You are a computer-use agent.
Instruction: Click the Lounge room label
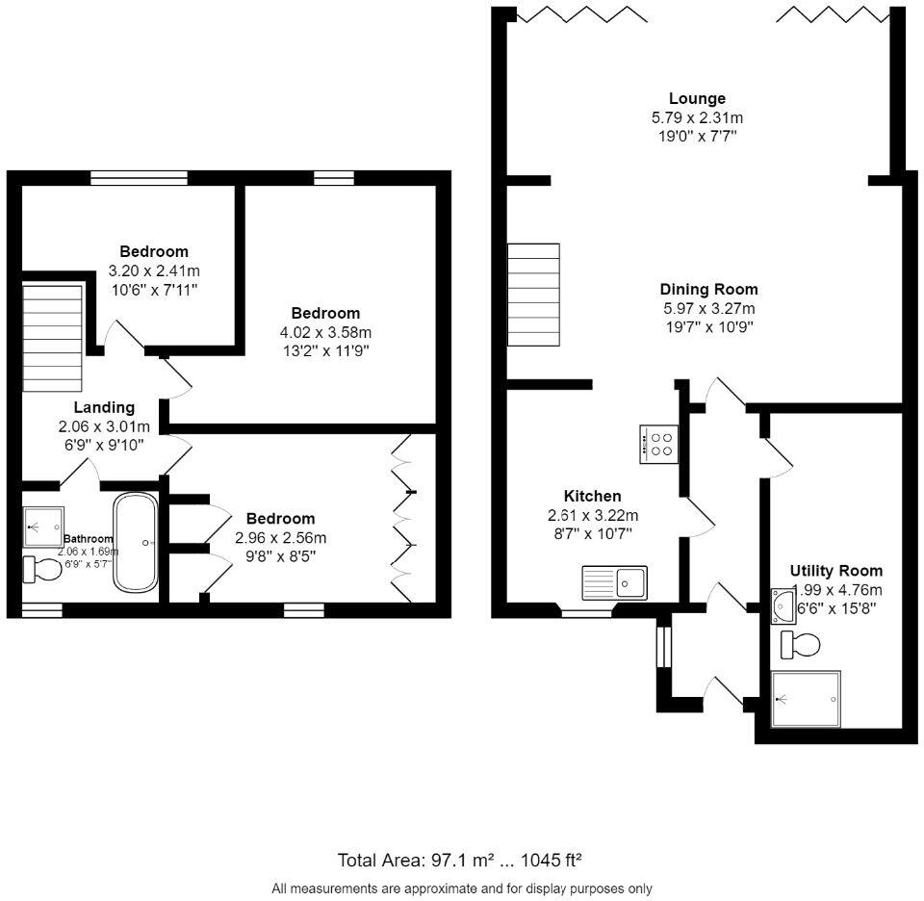pyautogui.click(x=697, y=98)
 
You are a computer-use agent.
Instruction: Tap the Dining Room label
pyautogui.click(x=708, y=289)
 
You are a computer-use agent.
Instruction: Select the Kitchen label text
pyautogui.click(x=593, y=496)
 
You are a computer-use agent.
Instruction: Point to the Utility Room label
pyautogui.click(x=835, y=571)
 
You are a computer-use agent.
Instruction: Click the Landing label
pyautogui.click(x=104, y=407)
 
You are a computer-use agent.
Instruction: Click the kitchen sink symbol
pyautogui.click(x=615, y=581)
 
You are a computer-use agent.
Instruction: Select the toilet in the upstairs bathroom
pyautogui.click(x=41, y=569)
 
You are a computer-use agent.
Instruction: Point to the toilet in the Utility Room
pyautogui.click(x=799, y=644)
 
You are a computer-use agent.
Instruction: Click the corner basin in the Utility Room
pyautogui.click(x=783, y=605)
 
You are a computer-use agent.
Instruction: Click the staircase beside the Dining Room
pyautogui.click(x=533, y=295)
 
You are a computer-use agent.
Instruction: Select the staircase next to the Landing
pyautogui.click(x=52, y=338)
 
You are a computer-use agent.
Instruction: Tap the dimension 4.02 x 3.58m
pyautogui.click(x=325, y=332)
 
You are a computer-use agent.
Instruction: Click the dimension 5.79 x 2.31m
pyautogui.click(x=697, y=117)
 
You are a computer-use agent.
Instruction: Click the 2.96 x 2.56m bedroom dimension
pyautogui.click(x=280, y=537)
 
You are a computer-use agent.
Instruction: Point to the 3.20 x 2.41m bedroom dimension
pyautogui.click(x=154, y=270)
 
